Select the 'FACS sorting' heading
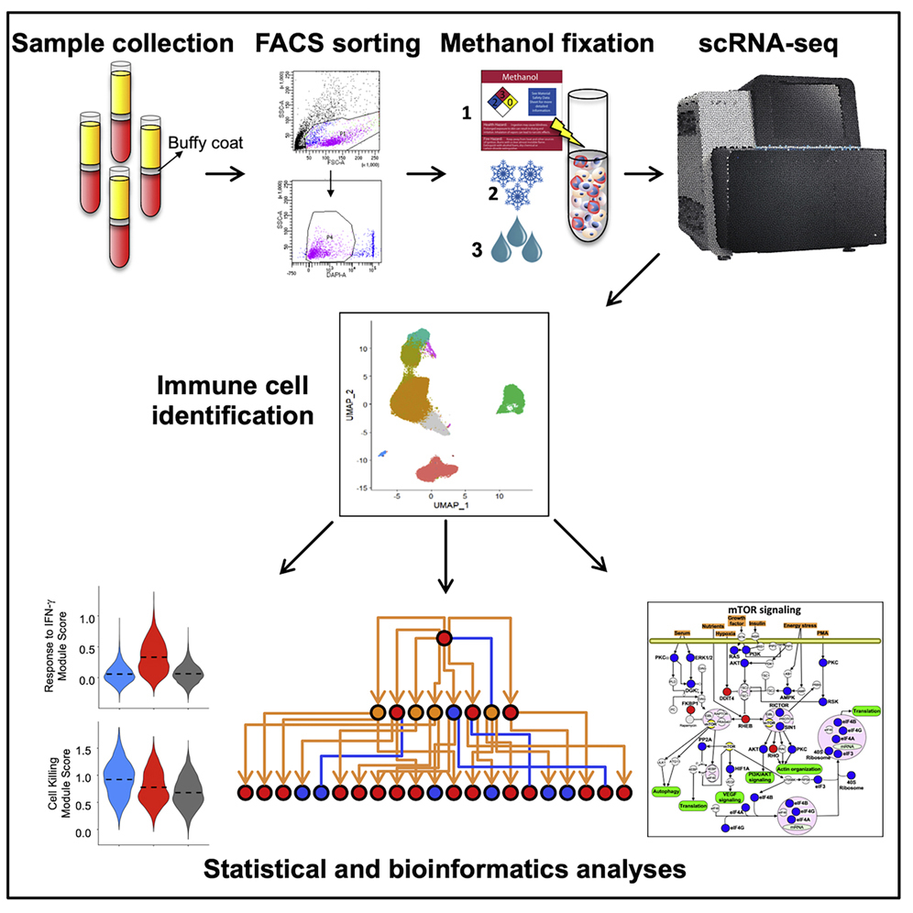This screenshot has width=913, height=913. point(338,42)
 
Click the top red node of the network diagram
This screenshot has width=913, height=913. point(445,638)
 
